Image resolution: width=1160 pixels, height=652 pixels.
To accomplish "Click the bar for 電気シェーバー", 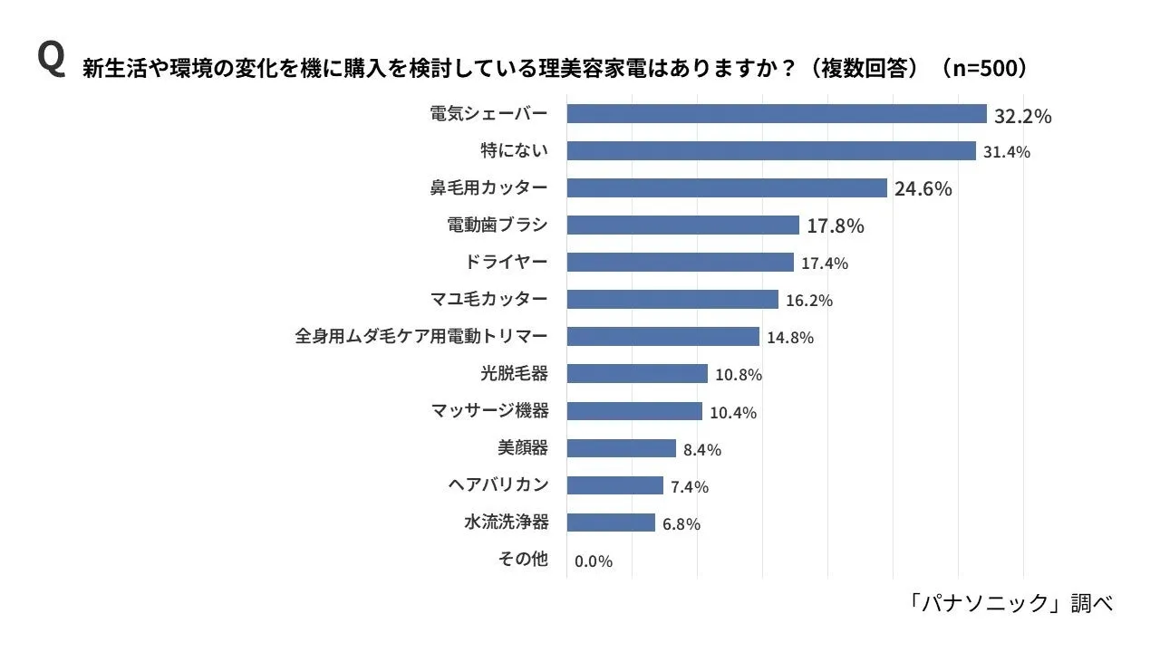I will tap(777, 114).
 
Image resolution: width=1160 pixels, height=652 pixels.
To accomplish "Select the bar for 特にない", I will tap(771, 151).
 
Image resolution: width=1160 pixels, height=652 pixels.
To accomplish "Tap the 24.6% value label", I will tap(923, 189).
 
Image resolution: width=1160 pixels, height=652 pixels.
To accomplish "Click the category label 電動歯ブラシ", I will tap(498, 225).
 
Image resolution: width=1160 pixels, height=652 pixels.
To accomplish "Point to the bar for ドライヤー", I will tap(680, 263).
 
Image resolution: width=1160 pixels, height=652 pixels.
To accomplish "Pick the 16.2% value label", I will tap(809, 301).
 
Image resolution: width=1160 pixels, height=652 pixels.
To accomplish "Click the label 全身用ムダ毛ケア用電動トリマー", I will tap(421, 336).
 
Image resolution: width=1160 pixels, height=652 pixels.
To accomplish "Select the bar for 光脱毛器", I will tap(637, 374).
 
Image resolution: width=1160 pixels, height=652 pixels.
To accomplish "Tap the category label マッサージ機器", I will tap(489, 411).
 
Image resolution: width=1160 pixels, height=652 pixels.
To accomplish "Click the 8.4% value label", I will tap(702, 450).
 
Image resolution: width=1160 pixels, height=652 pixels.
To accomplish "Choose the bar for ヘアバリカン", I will tap(614, 485).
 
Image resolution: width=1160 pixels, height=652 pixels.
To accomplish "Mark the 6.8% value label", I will tap(681, 524).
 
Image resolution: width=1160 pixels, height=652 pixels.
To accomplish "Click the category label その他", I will tap(523, 560).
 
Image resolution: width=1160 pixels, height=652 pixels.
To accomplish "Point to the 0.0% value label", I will tap(594, 561).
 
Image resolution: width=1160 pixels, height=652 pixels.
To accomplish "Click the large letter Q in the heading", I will tap(51, 60).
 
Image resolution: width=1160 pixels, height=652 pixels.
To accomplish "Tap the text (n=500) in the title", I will tap(984, 69).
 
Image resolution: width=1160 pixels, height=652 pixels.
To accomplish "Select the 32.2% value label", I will tap(1023, 116).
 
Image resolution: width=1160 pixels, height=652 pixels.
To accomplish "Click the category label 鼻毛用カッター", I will tap(488, 187).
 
